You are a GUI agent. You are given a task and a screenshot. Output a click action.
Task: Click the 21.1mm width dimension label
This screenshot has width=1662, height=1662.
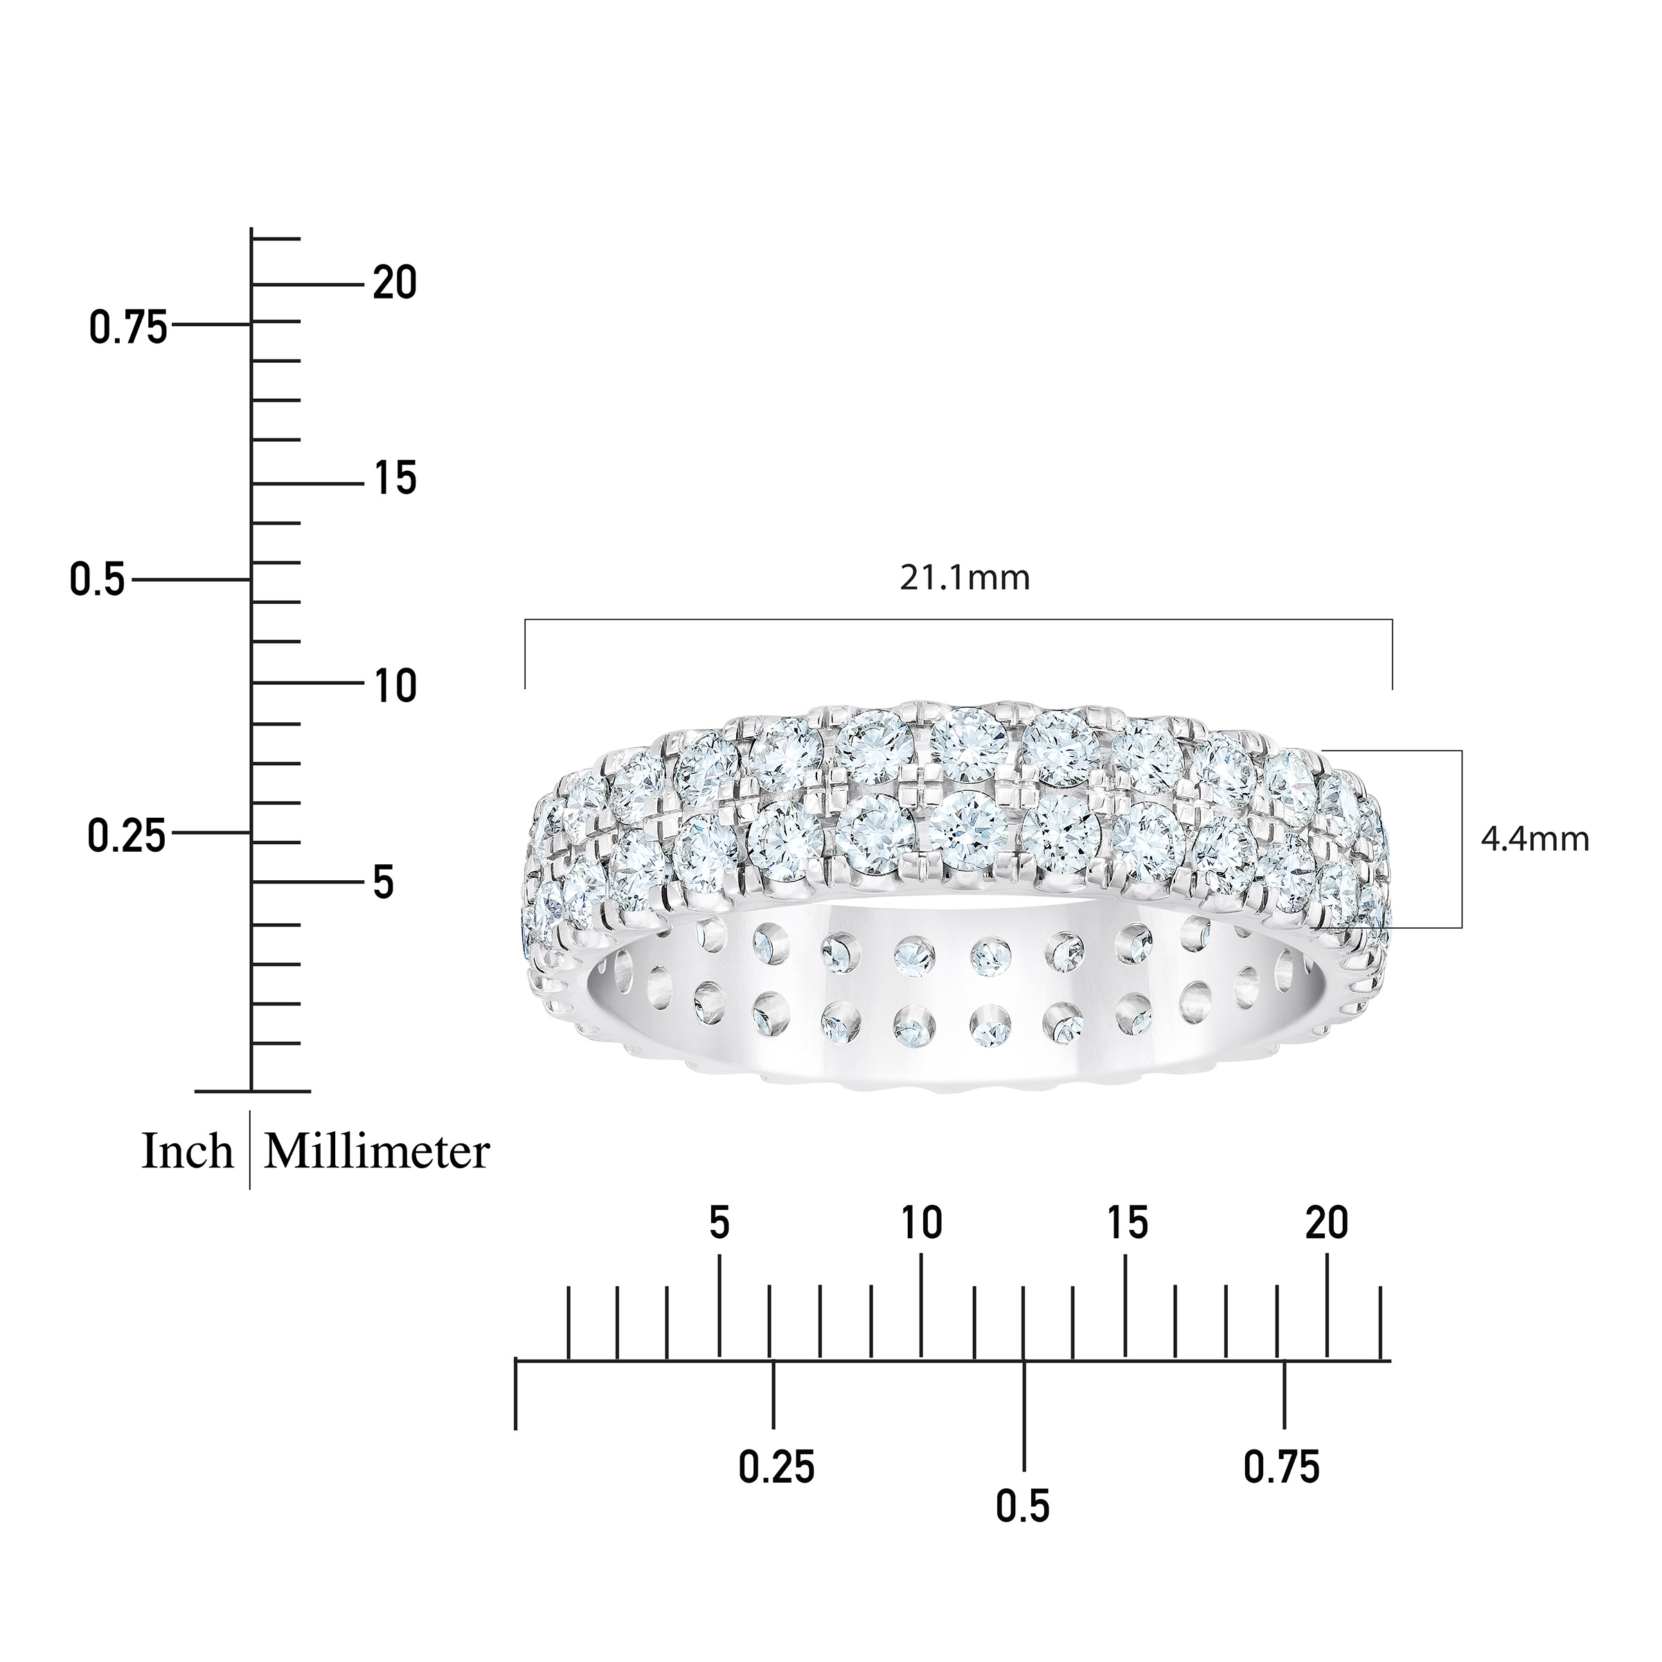pyautogui.click(x=965, y=578)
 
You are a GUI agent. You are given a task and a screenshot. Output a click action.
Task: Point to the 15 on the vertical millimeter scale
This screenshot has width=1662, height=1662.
pyautogui.click(x=395, y=479)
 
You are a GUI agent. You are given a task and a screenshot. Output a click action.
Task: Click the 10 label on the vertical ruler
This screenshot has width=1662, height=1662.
pyautogui.click(x=395, y=686)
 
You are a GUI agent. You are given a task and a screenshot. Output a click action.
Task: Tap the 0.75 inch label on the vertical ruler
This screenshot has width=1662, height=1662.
pyautogui.click(x=129, y=329)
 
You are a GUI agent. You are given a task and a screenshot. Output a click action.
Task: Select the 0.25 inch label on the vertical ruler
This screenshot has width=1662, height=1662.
pyautogui.click(x=127, y=836)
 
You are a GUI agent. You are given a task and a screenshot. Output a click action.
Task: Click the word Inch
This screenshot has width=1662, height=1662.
pyautogui.click(x=188, y=1152)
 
